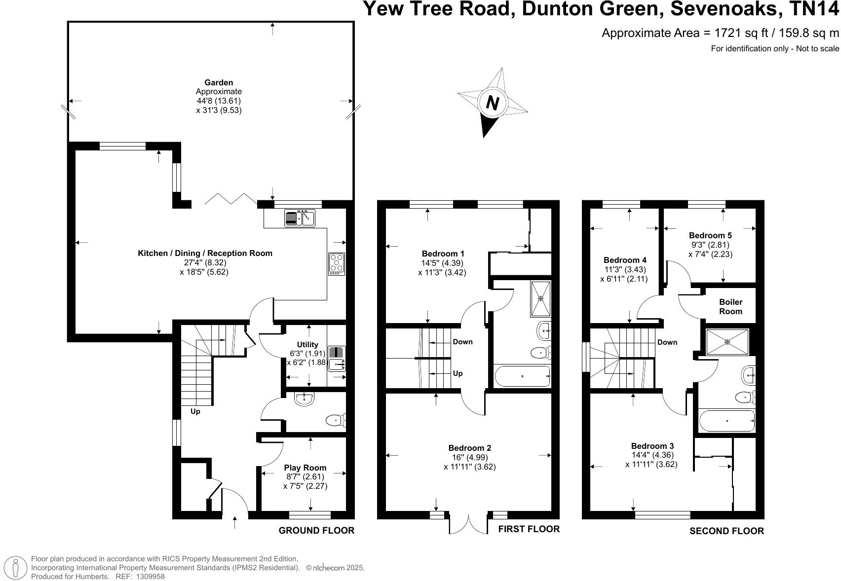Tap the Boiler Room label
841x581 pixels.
coord(730,307)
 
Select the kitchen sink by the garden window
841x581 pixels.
coord(300,218)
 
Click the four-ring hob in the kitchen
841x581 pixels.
coord(337,264)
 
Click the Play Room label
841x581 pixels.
coord(305,468)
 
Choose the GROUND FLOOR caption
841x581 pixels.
coord(316,531)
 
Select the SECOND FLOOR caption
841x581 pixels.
coord(726,531)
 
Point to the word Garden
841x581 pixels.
coord(219,82)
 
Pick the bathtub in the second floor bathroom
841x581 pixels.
coord(727,421)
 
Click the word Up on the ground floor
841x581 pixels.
coord(195,411)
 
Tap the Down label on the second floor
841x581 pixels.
coord(667,342)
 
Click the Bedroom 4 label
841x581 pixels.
coord(625,260)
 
